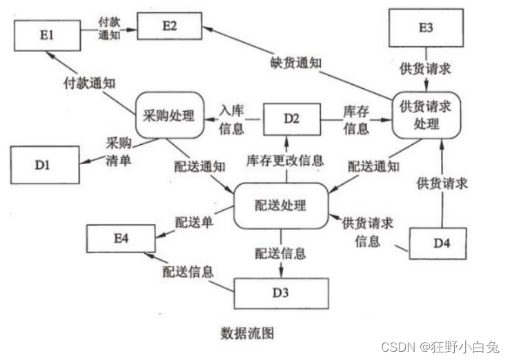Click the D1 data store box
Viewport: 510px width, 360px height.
43,166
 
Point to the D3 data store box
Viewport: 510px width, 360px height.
281,292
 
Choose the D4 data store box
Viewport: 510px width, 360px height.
441,243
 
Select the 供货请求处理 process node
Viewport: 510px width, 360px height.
426,114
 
